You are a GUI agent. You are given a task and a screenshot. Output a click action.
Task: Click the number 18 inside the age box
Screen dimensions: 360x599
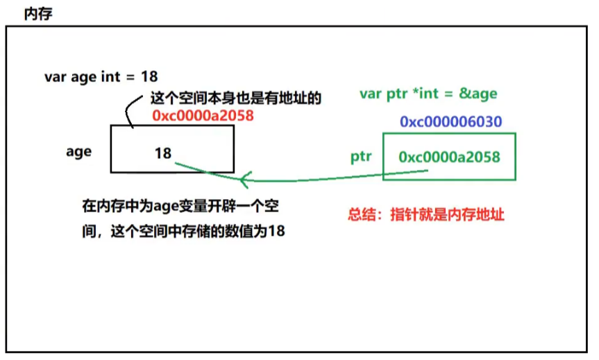tap(163, 153)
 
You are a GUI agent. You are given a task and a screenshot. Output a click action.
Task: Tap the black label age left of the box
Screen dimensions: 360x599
tap(78, 151)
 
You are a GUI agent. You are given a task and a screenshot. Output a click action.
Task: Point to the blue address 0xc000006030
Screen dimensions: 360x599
tap(450, 122)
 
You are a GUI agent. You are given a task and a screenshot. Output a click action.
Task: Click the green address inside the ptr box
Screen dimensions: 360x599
tap(449, 157)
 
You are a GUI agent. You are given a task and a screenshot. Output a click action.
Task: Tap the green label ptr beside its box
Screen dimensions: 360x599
tap(362, 156)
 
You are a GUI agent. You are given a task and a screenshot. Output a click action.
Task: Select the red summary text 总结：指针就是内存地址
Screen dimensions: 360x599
tap(425, 215)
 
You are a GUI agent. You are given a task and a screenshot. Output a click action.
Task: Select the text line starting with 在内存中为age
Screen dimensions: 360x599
tap(183, 206)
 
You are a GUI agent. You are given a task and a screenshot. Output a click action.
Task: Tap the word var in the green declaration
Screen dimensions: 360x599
tap(371, 94)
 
